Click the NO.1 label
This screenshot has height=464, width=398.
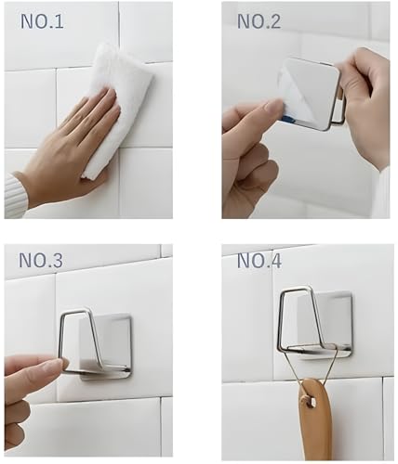42,20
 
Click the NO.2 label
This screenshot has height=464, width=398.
259,20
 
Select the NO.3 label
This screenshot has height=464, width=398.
42,261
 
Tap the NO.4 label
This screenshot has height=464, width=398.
259,261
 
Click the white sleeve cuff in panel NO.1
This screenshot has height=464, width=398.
15,195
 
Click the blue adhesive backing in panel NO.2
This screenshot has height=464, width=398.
287,119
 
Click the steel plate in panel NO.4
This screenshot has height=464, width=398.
331,320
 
